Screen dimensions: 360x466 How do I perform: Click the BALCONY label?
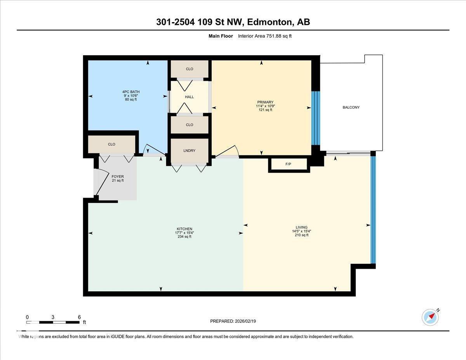coord(351,108)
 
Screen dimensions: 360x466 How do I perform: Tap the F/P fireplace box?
coord(289,164)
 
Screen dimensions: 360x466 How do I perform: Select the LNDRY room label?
coord(190,151)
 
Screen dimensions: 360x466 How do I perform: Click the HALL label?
coord(190,97)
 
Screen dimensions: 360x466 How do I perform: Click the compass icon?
coord(430,317)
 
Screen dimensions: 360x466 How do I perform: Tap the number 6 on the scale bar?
coord(79,317)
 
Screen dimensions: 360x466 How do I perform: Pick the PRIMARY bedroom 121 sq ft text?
coord(265,110)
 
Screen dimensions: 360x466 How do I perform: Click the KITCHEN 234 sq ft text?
coord(184,237)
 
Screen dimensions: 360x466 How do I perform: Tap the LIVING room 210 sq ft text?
coord(301,235)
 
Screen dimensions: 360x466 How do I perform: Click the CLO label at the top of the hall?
coord(190,69)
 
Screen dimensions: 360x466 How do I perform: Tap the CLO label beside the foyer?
coord(111,144)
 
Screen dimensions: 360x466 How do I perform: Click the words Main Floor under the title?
coord(221,36)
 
